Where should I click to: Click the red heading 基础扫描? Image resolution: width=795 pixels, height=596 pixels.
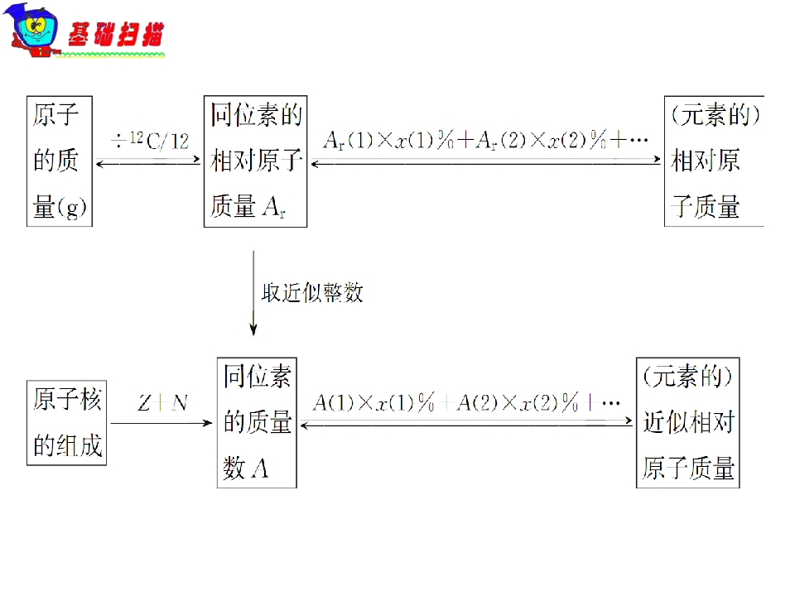(116, 35)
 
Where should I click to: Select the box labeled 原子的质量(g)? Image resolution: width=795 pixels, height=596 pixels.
(60, 161)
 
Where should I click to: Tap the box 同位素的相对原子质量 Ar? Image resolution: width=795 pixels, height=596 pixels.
(256, 161)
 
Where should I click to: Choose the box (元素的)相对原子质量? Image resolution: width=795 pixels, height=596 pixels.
(715, 161)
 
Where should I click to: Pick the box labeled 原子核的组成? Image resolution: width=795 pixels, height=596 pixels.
(66, 423)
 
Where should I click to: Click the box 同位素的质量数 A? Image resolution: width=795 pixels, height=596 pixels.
(257, 423)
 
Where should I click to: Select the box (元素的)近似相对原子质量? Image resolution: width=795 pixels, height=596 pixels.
(688, 423)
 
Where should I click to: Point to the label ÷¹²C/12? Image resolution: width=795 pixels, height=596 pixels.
(150, 141)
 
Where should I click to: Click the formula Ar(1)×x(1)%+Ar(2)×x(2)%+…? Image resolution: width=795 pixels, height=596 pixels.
(486, 139)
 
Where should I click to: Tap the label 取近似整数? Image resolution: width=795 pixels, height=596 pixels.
(312, 292)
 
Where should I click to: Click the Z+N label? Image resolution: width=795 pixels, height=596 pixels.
(162, 403)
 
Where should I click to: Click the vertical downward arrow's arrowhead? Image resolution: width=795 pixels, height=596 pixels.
(253, 329)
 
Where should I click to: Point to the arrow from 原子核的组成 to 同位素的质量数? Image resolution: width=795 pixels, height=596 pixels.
(161, 423)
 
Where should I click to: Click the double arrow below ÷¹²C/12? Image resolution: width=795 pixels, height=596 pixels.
(148, 161)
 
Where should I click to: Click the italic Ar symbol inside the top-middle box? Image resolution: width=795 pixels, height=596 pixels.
(275, 207)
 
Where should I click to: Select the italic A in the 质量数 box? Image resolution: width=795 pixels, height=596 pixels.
(259, 468)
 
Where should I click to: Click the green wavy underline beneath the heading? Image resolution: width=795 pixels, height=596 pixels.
(110, 54)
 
